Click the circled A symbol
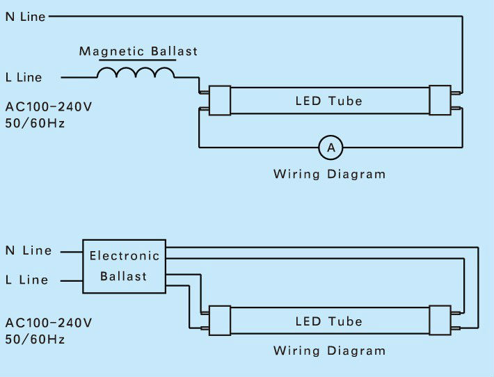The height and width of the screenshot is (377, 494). coord(331,147)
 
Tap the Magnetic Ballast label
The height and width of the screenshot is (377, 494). coord(138,51)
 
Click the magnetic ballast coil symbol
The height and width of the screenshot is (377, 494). coord(136,74)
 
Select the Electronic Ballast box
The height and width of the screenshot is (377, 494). coord(125,266)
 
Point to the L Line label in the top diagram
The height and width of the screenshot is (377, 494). coord(23,78)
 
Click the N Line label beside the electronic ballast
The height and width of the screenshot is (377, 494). coord(28,250)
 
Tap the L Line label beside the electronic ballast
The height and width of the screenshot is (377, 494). coord(26,280)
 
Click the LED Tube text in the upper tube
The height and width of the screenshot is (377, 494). coord(328,102)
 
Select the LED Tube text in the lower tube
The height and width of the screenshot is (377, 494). coord(328,321)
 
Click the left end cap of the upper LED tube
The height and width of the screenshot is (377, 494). coord(220,100)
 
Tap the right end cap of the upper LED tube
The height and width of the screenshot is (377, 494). coord(440,100)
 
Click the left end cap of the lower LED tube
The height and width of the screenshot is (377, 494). coord(220,320)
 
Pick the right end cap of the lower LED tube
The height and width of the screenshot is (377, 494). coord(440,320)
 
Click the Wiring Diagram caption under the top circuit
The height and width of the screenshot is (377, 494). coord(329,174)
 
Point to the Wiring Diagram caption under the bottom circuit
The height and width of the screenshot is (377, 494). coord(329,351)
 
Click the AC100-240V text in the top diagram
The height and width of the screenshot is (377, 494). coord(48,108)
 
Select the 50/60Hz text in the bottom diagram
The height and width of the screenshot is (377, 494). coord(35,339)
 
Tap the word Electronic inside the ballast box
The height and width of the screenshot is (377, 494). coord(125,256)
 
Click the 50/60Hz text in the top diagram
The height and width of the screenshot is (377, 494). coord(35,123)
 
